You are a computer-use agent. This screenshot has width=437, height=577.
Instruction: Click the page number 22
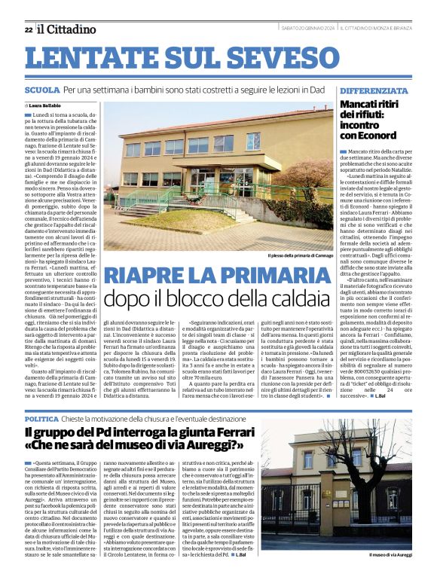point(29,29)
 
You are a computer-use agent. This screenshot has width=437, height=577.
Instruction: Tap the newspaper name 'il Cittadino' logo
point(67,29)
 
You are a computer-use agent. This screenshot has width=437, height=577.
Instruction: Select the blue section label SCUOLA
point(42,90)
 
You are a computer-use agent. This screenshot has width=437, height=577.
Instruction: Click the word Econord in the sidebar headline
point(372,136)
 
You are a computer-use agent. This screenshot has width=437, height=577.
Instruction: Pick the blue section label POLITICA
point(41,417)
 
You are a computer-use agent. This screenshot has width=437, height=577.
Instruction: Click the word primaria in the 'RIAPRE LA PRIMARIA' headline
point(268,276)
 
